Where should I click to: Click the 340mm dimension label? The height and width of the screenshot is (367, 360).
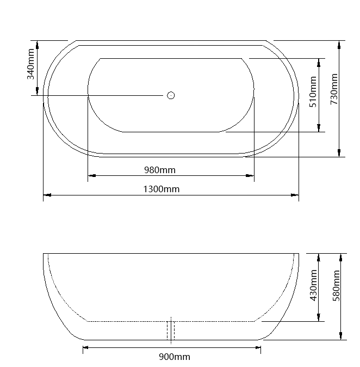(32, 64)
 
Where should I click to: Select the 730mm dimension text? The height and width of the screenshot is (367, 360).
(334, 89)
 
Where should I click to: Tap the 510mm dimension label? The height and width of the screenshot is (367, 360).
(313, 92)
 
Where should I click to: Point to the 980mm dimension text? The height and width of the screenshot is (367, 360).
(160, 169)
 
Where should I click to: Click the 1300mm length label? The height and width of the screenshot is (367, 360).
(161, 189)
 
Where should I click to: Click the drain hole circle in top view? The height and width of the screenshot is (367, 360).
(171, 95)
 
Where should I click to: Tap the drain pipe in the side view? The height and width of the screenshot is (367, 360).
(171, 331)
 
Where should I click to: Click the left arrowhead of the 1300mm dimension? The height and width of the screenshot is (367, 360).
(47, 194)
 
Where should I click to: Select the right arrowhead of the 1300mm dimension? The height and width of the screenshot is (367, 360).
(295, 194)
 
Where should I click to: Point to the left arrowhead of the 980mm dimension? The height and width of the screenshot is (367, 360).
(91, 175)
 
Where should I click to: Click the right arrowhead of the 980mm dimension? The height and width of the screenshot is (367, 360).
(250, 175)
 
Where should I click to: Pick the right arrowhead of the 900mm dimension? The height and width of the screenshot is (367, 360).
(257, 347)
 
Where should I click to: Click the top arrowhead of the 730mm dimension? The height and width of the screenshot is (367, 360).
(339, 44)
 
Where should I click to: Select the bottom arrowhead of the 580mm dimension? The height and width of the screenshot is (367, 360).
(341, 335)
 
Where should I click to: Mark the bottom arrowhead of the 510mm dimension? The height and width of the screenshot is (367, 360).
(319, 128)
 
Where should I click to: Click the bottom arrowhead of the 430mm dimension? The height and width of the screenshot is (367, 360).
(319, 317)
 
